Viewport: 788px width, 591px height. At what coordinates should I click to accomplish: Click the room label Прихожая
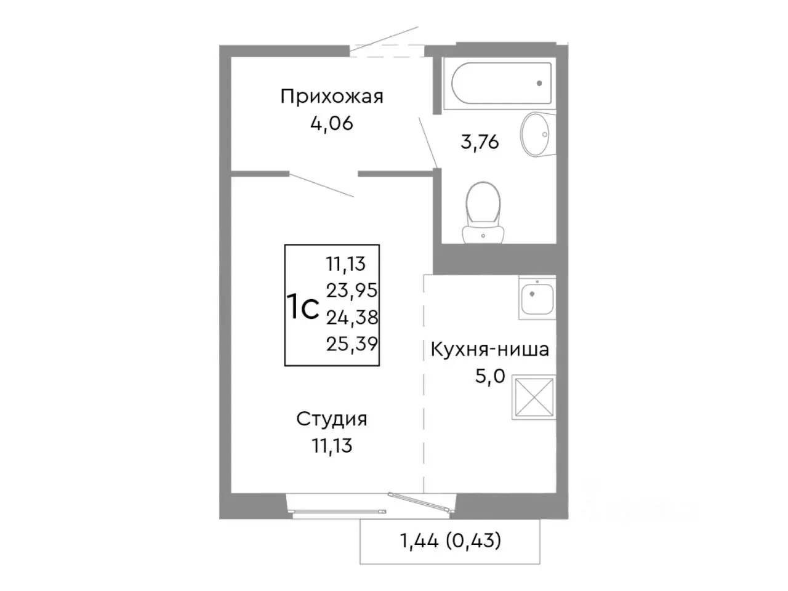332,97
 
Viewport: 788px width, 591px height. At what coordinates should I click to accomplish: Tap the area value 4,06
332,124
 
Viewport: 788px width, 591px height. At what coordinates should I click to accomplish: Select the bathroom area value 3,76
480,142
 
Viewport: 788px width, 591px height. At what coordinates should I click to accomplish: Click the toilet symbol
484,209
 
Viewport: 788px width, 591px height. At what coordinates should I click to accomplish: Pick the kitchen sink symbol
537,299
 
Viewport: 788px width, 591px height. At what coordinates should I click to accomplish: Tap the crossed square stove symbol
533,398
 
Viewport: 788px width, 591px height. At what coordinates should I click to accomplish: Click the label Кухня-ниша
489,350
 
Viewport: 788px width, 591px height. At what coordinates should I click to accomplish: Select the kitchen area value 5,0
489,376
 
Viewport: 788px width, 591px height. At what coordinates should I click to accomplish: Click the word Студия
332,419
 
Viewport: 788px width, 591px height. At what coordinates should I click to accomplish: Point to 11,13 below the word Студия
332,445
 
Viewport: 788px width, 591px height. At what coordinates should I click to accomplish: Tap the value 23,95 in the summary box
352,290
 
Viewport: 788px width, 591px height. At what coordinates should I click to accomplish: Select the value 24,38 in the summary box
352,317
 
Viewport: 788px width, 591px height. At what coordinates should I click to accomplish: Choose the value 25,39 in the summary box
352,344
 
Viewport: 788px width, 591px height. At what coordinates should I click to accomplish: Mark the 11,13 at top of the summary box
346,263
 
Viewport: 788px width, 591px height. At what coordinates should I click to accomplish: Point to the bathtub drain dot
539,82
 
